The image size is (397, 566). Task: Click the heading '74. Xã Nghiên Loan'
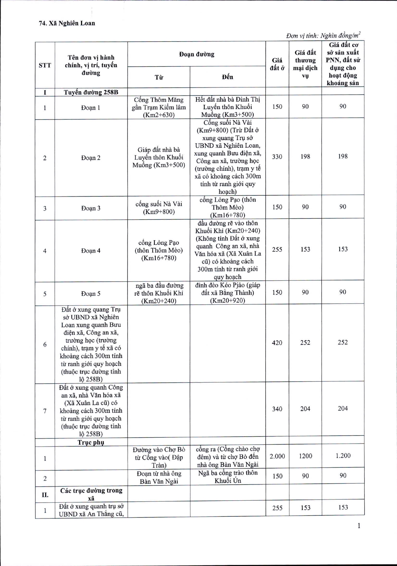pos(67,23)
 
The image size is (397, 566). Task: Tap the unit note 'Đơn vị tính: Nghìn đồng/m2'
pos(323,35)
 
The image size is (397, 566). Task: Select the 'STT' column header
pos(45,65)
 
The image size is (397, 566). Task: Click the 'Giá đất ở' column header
pos(277,64)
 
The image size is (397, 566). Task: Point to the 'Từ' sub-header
pos(159,77)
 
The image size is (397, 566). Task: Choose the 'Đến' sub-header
pos(227,77)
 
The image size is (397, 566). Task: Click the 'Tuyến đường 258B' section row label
pos(91,92)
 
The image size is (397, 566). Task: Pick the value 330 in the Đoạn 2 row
pos(277,157)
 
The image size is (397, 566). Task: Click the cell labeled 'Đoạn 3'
pos(91,208)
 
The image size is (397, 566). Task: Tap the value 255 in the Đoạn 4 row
pos(277,250)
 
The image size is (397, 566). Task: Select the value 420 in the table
pos(277,343)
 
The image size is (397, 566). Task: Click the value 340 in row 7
pos(277,409)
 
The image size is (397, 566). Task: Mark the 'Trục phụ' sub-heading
pos(91,442)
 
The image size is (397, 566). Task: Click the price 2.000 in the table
pos(277,456)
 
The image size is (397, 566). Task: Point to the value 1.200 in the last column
pos(343,456)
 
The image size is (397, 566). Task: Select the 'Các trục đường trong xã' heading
pos(91,494)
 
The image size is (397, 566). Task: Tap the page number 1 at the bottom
pos(359,526)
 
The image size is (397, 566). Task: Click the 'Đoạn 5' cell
pos(91,294)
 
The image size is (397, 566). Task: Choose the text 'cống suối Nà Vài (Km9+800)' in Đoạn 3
pos(159,208)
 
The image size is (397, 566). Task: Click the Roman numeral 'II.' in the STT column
pos(45,495)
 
